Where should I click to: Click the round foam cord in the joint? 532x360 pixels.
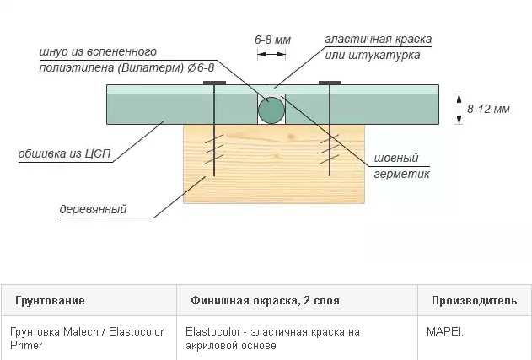(x=271, y=110)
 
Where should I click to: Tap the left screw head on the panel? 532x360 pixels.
(x=214, y=83)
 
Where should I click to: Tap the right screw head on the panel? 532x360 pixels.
(x=330, y=83)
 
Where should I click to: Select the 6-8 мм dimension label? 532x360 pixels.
(x=273, y=40)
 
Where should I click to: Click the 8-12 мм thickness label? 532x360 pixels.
(x=488, y=109)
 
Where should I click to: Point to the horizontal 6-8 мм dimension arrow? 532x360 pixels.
(x=271, y=54)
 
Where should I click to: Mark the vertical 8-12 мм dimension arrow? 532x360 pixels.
(x=459, y=109)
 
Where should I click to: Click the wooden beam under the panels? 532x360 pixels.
(x=274, y=164)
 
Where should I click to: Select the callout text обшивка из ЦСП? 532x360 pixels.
(x=64, y=153)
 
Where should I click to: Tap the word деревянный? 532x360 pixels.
(x=93, y=209)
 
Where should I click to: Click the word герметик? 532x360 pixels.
(x=401, y=174)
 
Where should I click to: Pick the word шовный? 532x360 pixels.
(x=396, y=159)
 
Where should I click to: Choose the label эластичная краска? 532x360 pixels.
(x=379, y=40)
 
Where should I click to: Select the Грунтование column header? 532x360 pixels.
(x=50, y=301)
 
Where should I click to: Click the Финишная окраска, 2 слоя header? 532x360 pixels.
(x=265, y=301)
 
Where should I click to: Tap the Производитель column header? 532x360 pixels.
(x=475, y=301)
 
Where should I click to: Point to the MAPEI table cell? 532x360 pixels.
(x=445, y=331)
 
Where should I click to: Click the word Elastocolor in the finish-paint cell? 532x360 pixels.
(x=212, y=331)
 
